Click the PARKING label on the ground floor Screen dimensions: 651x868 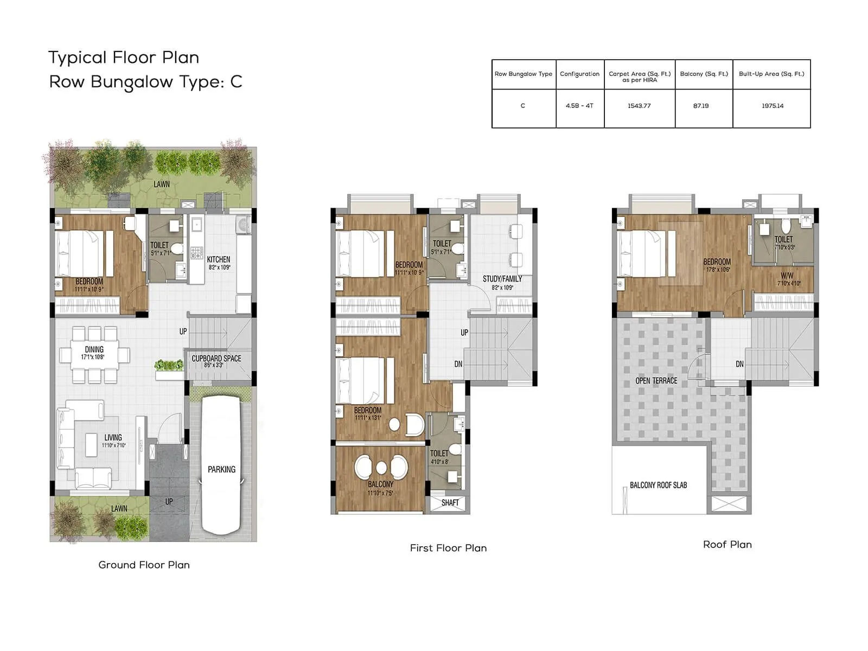tap(221, 469)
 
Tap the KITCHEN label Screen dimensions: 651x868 tap(218, 260)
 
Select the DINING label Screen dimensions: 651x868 tap(94, 349)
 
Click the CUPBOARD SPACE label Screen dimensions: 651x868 tap(216, 359)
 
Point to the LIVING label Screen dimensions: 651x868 tap(113, 437)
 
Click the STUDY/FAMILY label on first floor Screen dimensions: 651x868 tap(502, 279)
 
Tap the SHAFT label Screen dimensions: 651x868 tap(450, 503)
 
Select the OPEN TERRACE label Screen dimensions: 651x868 tap(656, 381)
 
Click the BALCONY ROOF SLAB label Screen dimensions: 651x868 tap(658, 485)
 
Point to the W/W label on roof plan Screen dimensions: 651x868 tap(787, 276)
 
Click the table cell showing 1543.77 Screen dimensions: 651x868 tap(639, 106)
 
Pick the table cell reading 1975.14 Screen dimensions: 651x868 tap(772, 106)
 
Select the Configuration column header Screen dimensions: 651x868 tap(579, 74)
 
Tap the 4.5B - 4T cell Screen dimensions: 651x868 tap(579, 106)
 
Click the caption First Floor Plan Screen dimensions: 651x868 tap(448, 548)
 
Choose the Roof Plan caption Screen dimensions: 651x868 tap(727, 544)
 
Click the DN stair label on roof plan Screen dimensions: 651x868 tap(739, 364)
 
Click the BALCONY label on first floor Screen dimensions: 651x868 tap(380, 484)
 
